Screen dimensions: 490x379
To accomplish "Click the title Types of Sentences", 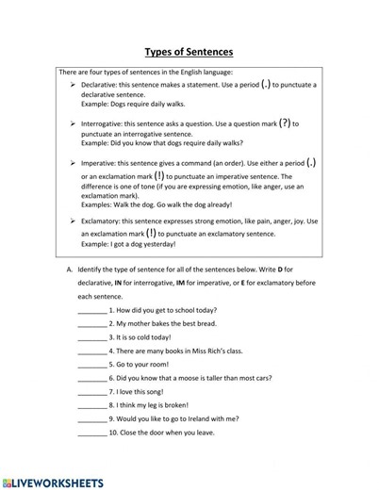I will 189,52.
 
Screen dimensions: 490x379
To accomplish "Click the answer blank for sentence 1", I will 92,310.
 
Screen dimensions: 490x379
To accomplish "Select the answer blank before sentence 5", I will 92,364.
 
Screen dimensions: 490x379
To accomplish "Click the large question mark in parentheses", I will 283,122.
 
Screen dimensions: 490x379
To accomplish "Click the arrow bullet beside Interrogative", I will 74,123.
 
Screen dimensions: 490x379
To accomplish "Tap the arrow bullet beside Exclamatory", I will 74,221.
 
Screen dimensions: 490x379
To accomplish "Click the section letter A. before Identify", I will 70,269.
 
